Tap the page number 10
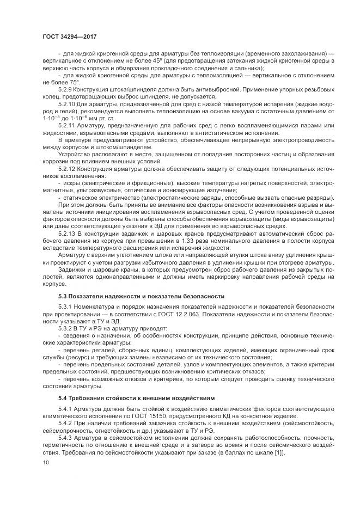(44, 462)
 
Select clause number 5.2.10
(67, 103)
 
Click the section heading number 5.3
(63, 297)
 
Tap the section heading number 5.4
(63, 398)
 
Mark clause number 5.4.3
(65, 438)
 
